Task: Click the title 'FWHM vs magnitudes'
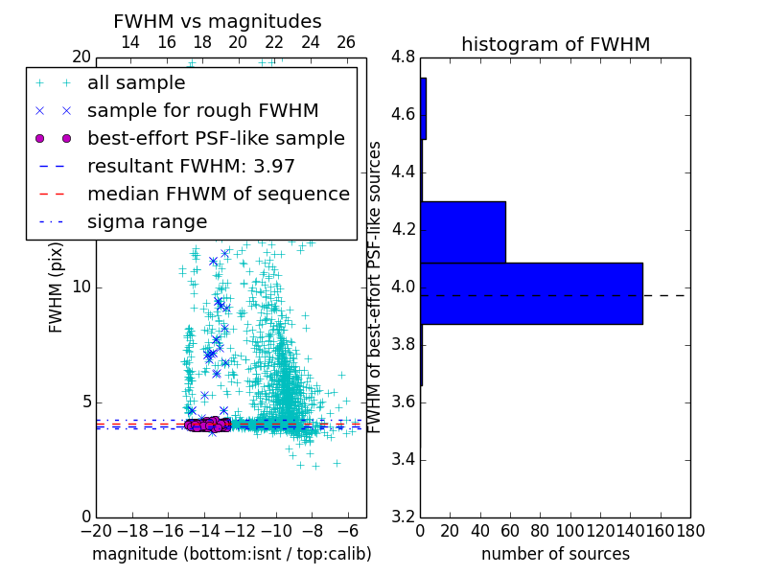coord(218,22)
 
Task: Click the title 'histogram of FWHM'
coord(555,44)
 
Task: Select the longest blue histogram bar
coord(531,293)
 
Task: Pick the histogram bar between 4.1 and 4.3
coord(463,232)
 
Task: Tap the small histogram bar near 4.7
coord(423,108)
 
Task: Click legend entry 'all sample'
coord(136,83)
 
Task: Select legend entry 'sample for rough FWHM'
coord(202,110)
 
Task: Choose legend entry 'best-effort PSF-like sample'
coord(216,138)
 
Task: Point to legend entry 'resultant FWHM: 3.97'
coord(191,166)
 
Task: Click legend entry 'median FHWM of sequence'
coord(218,194)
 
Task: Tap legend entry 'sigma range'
coord(147,221)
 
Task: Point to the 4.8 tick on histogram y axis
coord(403,57)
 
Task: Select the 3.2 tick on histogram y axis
coord(403,517)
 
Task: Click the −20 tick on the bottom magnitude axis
coord(96,531)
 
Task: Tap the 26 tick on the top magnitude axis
coord(346,42)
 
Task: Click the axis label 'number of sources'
coord(555,554)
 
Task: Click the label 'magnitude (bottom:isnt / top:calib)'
coord(231,554)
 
